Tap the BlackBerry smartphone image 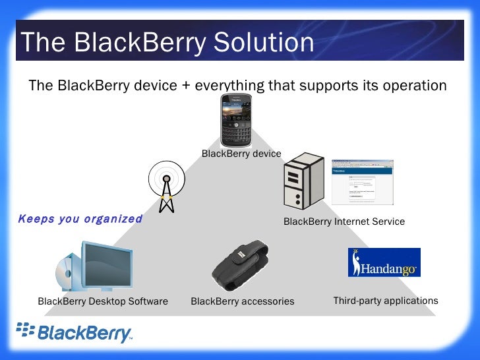tap(241, 121)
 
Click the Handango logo tap(384, 262)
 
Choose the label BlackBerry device tap(241, 154)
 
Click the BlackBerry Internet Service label tap(344, 222)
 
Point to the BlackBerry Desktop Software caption tap(103, 301)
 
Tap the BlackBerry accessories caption tap(242, 301)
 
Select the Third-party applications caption tap(385, 301)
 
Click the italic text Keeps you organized tap(80, 219)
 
